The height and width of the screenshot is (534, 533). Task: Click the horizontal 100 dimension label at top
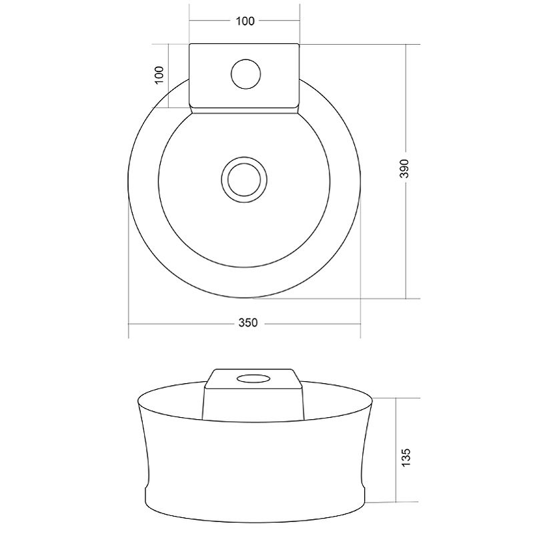click(x=245, y=21)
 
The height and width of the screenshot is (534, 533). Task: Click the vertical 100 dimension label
click(x=159, y=75)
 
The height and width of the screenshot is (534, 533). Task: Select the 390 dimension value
click(x=405, y=168)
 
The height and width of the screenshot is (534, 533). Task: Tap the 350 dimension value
click(x=247, y=322)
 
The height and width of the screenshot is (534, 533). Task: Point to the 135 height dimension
click(x=406, y=457)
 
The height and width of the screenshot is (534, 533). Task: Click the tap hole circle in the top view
click(x=245, y=74)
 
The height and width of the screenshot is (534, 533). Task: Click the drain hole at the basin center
click(x=244, y=180)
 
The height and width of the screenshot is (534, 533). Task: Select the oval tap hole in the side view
click(x=253, y=378)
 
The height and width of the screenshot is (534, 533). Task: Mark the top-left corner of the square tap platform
click(x=189, y=44)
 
